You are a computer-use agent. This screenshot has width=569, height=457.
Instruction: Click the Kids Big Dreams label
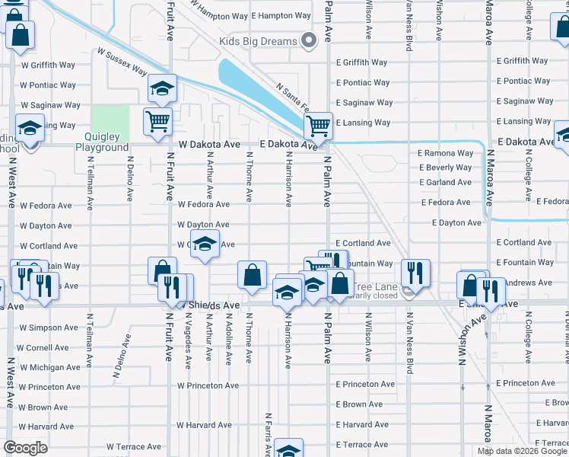[258, 41]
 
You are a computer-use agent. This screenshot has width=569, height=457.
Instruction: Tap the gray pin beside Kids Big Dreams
[308, 41]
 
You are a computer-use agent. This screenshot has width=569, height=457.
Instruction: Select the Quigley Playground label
[102, 142]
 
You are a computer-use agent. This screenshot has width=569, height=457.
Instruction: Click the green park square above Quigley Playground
[110, 119]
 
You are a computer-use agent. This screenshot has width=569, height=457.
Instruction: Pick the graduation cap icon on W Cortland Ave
[204, 244]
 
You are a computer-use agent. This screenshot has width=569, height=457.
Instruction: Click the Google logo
[25, 448]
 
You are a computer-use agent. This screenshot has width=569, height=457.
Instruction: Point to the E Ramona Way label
[446, 153]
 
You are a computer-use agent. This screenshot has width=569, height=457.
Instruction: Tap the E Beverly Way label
[445, 168]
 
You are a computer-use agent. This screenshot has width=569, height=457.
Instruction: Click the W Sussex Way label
[122, 62]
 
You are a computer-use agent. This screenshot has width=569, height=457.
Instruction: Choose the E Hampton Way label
[281, 15]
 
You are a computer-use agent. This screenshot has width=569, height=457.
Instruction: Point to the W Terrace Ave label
[134, 447]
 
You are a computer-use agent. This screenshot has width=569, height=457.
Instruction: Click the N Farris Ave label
[269, 434]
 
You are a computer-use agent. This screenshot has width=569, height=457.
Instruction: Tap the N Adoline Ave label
[228, 336]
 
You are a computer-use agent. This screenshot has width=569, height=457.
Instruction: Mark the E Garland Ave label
[445, 183]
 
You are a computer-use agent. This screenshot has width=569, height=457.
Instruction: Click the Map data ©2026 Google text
[521, 451]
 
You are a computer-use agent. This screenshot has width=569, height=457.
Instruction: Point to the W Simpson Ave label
[49, 328]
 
